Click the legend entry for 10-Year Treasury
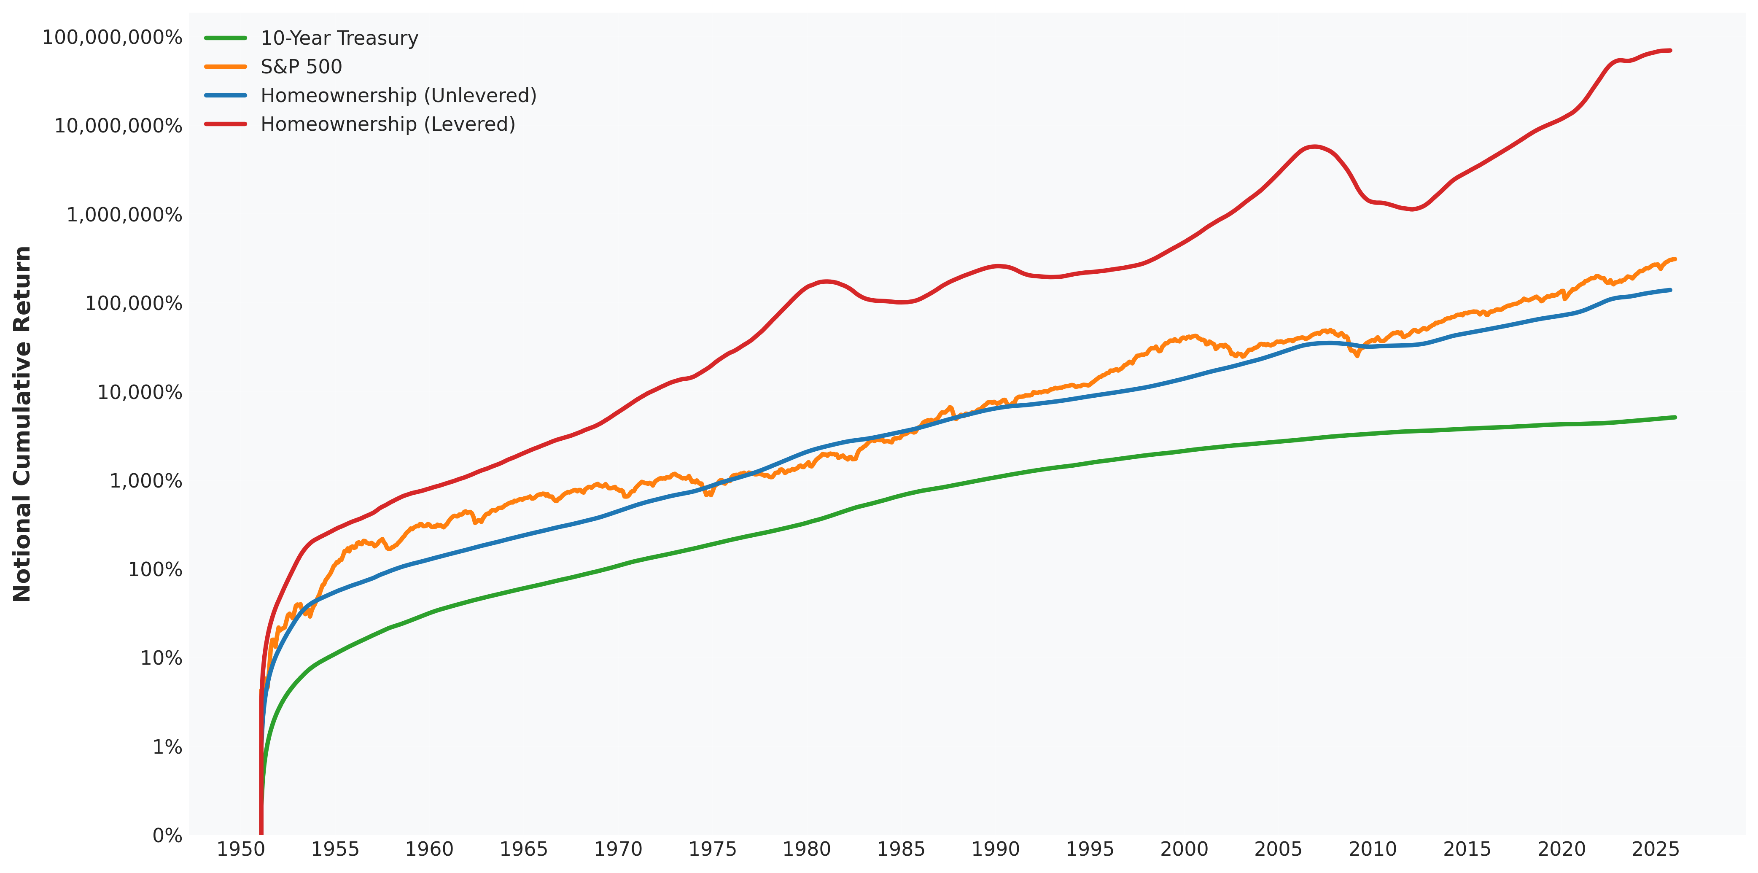point(339,38)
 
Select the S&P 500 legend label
point(301,67)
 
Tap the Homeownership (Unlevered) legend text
point(398,96)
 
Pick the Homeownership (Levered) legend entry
point(388,124)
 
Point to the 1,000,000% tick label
point(124,215)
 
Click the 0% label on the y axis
point(167,835)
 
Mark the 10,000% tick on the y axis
point(140,393)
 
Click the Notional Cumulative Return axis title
point(22,423)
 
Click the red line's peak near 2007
point(1313,146)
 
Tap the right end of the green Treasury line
point(1674,417)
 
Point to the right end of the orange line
point(1674,259)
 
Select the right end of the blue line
point(1669,290)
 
